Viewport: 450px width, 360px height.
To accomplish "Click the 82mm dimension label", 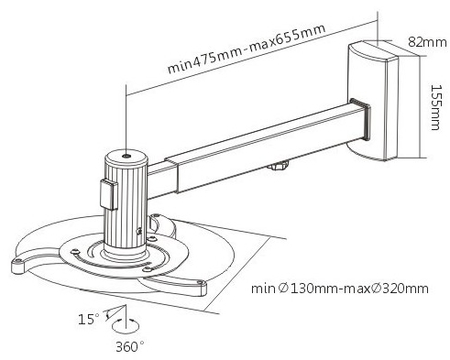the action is (x=427, y=42).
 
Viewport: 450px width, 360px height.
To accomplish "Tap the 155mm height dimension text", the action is (x=436, y=107).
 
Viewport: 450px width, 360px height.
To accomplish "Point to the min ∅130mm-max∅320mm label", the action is (x=340, y=289).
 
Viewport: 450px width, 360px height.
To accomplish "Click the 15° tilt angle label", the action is (x=89, y=320).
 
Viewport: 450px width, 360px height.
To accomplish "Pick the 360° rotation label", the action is (x=130, y=346).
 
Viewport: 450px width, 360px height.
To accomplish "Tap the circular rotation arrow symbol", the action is (x=126, y=325).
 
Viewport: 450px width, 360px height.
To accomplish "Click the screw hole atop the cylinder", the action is (x=126, y=156).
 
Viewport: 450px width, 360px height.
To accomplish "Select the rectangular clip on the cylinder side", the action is (x=109, y=194).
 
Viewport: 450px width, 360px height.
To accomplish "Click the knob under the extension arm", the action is (x=278, y=167).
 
